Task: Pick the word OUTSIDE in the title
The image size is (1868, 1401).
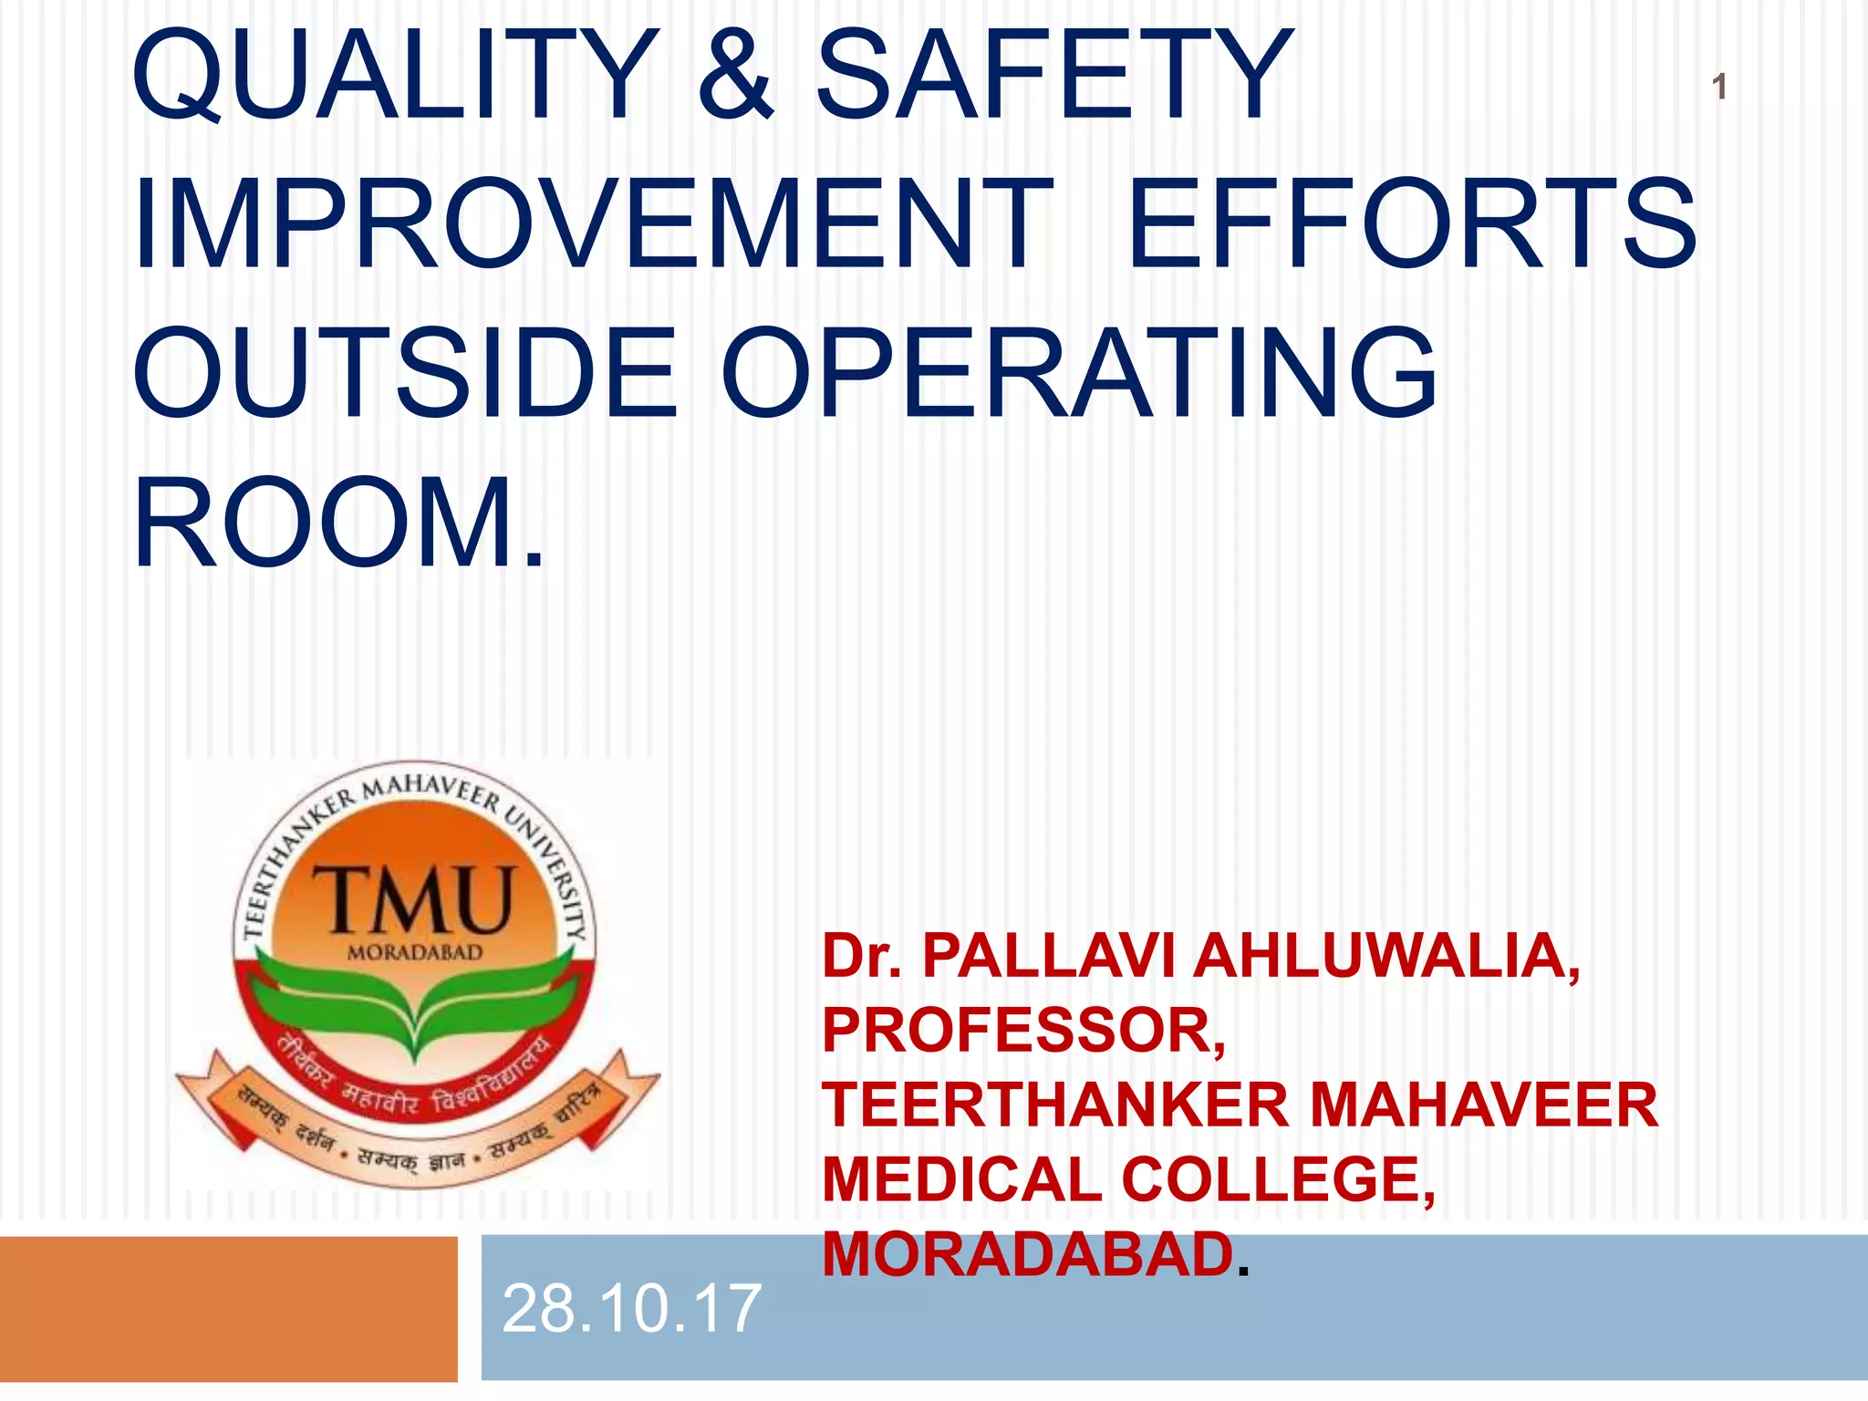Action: (406, 374)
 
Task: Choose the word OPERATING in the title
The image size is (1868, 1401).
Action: (1079, 374)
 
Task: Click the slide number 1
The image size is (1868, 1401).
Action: (1718, 88)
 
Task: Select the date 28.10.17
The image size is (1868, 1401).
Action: (631, 1309)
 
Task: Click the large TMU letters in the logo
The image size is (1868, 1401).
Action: (415, 900)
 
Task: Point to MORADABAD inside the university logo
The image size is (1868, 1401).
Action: (415, 953)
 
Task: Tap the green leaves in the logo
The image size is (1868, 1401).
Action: (415, 1003)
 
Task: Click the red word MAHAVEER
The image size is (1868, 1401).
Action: (1483, 1105)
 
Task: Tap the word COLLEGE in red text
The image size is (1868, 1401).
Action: (1278, 1180)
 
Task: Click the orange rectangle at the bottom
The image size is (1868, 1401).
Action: (228, 1308)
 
